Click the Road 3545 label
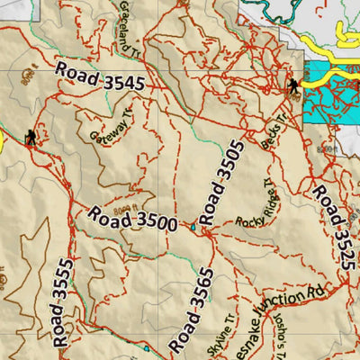point(100,77)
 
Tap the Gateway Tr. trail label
point(112,123)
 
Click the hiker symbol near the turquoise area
point(293,86)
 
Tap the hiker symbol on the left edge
point(31,137)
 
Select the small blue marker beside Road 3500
point(192,225)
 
